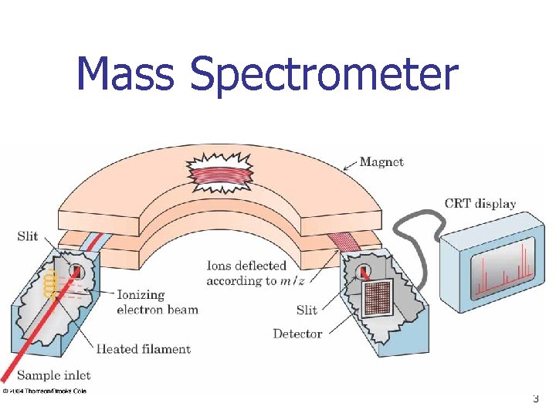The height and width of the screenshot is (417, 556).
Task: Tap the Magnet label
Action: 381,162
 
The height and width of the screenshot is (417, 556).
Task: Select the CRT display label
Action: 480,204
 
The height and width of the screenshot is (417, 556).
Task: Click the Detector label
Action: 297,334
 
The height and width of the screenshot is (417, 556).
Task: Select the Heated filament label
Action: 143,349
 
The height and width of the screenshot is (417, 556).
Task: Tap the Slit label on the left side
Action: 28,236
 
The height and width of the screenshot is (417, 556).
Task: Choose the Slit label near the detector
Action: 307,310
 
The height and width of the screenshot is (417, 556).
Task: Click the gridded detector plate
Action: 378,298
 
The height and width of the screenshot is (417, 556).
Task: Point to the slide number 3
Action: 535,399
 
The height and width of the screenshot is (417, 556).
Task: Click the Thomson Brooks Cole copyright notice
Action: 44,391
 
